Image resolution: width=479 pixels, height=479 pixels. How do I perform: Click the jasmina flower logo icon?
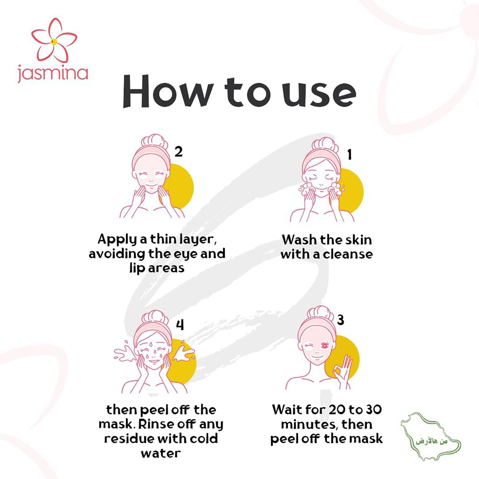tap(54, 41)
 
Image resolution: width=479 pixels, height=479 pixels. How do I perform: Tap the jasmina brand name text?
tap(52, 73)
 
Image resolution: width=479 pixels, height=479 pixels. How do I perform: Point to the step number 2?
tap(178, 151)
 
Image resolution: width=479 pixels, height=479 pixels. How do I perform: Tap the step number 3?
tap(341, 320)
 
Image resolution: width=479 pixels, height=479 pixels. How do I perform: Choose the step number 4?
tap(180, 324)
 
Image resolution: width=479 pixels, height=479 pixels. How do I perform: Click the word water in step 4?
tap(160, 454)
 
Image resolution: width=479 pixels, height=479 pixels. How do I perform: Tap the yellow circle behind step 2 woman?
tap(180, 185)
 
